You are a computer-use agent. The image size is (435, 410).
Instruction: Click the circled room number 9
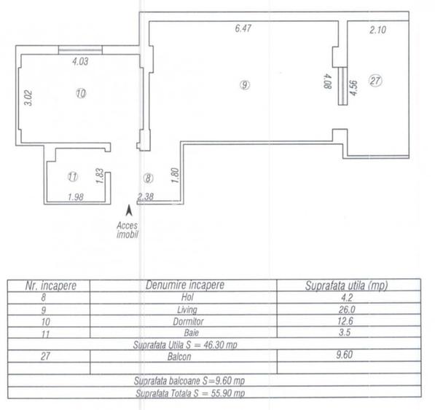[x=244, y=84]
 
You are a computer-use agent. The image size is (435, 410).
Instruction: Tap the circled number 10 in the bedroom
[x=81, y=93]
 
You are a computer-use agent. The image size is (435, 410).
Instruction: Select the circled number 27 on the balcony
[x=375, y=81]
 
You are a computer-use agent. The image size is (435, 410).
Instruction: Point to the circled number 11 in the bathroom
[x=73, y=176]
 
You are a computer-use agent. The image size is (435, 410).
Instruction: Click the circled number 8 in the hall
[x=148, y=178]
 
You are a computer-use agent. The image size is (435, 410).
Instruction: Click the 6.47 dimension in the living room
[x=243, y=28]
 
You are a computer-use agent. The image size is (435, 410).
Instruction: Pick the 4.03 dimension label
[x=80, y=61]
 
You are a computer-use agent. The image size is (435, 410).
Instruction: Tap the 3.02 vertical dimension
[x=28, y=98]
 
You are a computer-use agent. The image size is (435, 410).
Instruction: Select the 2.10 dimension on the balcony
[x=377, y=30]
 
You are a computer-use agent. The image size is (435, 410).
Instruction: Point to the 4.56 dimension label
[x=353, y=88]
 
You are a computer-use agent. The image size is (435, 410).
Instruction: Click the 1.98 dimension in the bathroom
[x=76, y=197]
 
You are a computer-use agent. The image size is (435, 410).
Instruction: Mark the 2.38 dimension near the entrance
[x=146, y=197]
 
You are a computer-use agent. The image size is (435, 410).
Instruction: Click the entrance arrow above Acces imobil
[x=129, y=210]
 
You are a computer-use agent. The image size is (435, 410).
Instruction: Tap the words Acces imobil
[x=128, y=230]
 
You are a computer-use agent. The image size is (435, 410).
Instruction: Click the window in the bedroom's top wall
[x=80, y=50]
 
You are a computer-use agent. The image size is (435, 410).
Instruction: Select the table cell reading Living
[x=187, y=310]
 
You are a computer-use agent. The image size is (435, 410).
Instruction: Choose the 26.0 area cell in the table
[x=347, y=310]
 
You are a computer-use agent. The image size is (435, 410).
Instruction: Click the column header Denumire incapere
[x=185, y=285]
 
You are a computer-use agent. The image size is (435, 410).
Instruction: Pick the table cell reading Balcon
[x=179, y=356]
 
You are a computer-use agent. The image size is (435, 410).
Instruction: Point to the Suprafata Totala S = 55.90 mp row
[x=190, y=393]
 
